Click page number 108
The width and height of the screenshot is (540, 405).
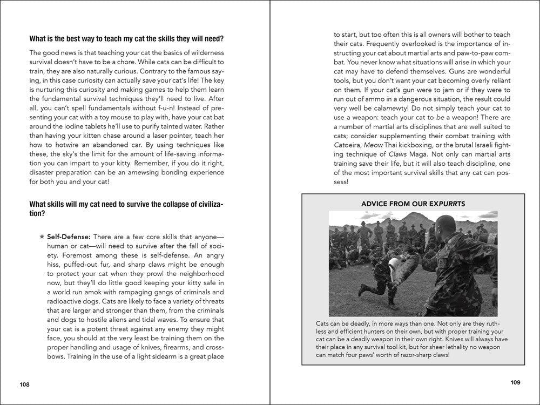tap(24, 384)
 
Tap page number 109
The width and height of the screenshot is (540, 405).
tap(515, 383)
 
